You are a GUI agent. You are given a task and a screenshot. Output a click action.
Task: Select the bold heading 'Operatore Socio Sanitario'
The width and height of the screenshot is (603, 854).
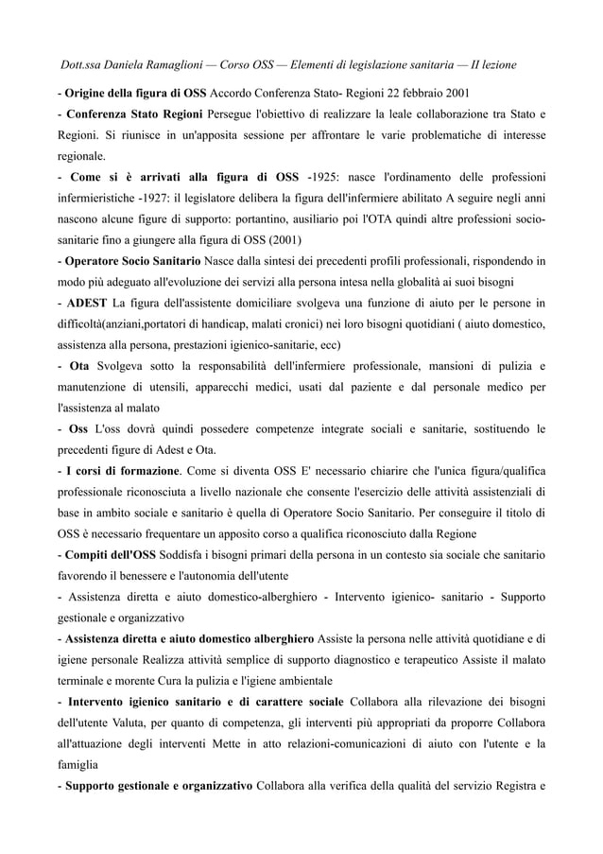click(x=131, y=260)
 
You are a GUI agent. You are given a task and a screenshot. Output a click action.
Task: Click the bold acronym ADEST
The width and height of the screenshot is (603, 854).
click(x=84, y=303)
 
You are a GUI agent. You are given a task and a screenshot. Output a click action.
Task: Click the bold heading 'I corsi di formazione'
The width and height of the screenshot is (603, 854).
click(x=122, y=469)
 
